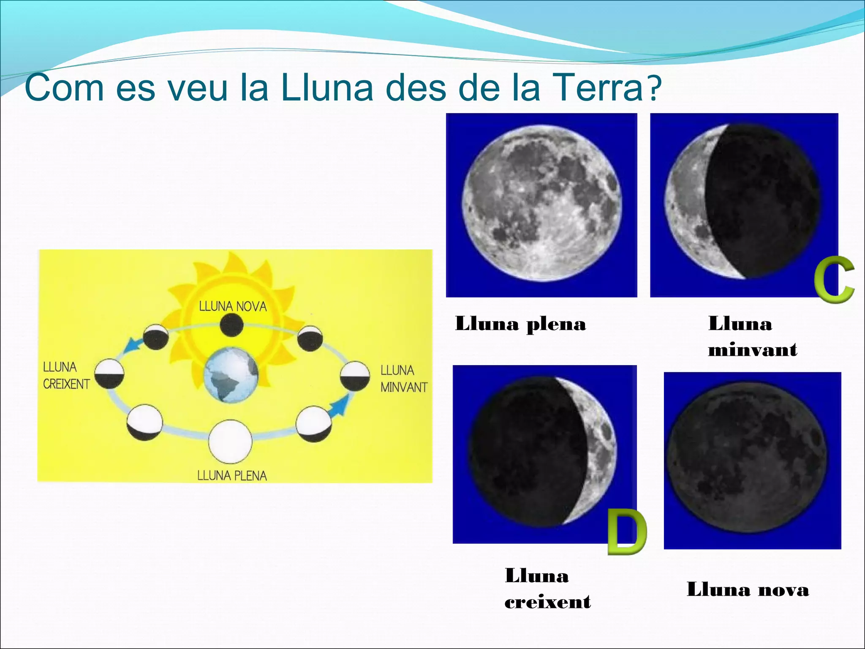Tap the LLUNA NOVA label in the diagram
pos(233,306)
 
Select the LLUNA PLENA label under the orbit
pos(232,476)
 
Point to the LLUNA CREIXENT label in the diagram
pos(66,376)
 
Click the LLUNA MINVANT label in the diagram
pos(404,379)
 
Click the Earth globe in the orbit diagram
pos(231,375)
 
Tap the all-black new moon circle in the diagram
pos(231,325)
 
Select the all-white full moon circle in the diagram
pos(230,442)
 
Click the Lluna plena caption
pos(520,324)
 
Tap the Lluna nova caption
pos(748,589)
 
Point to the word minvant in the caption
pos(752,350)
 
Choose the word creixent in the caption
pos(547,602)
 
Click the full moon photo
pos(542,205)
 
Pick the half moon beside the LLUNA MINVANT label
pos(355,376)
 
